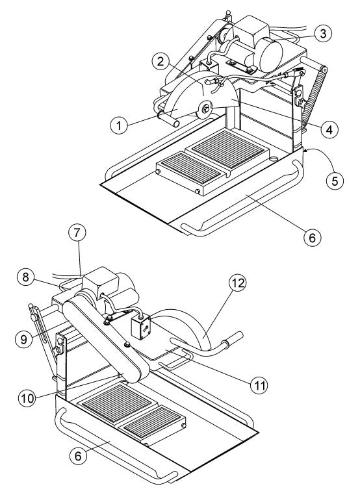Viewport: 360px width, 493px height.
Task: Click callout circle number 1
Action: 119,125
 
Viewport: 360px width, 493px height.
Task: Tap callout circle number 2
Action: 161,62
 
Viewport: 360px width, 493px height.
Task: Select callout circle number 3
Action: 323,34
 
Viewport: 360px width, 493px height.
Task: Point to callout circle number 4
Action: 329,129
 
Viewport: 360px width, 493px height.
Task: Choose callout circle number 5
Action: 335,181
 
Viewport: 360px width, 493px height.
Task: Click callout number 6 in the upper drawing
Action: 313,237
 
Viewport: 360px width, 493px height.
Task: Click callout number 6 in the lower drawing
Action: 78,456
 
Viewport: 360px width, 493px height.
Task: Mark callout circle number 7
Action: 77,233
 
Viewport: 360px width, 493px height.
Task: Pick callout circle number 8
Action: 26,277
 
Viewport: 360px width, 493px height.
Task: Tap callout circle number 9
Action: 24,339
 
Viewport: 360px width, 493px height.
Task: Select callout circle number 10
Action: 27,398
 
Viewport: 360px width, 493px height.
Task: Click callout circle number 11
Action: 259,385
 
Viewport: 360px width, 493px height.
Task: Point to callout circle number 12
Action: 238,283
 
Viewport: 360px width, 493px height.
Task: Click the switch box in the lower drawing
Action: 140,327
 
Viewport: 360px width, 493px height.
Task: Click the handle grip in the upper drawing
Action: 169,120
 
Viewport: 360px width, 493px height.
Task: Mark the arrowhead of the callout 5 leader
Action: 305,151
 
